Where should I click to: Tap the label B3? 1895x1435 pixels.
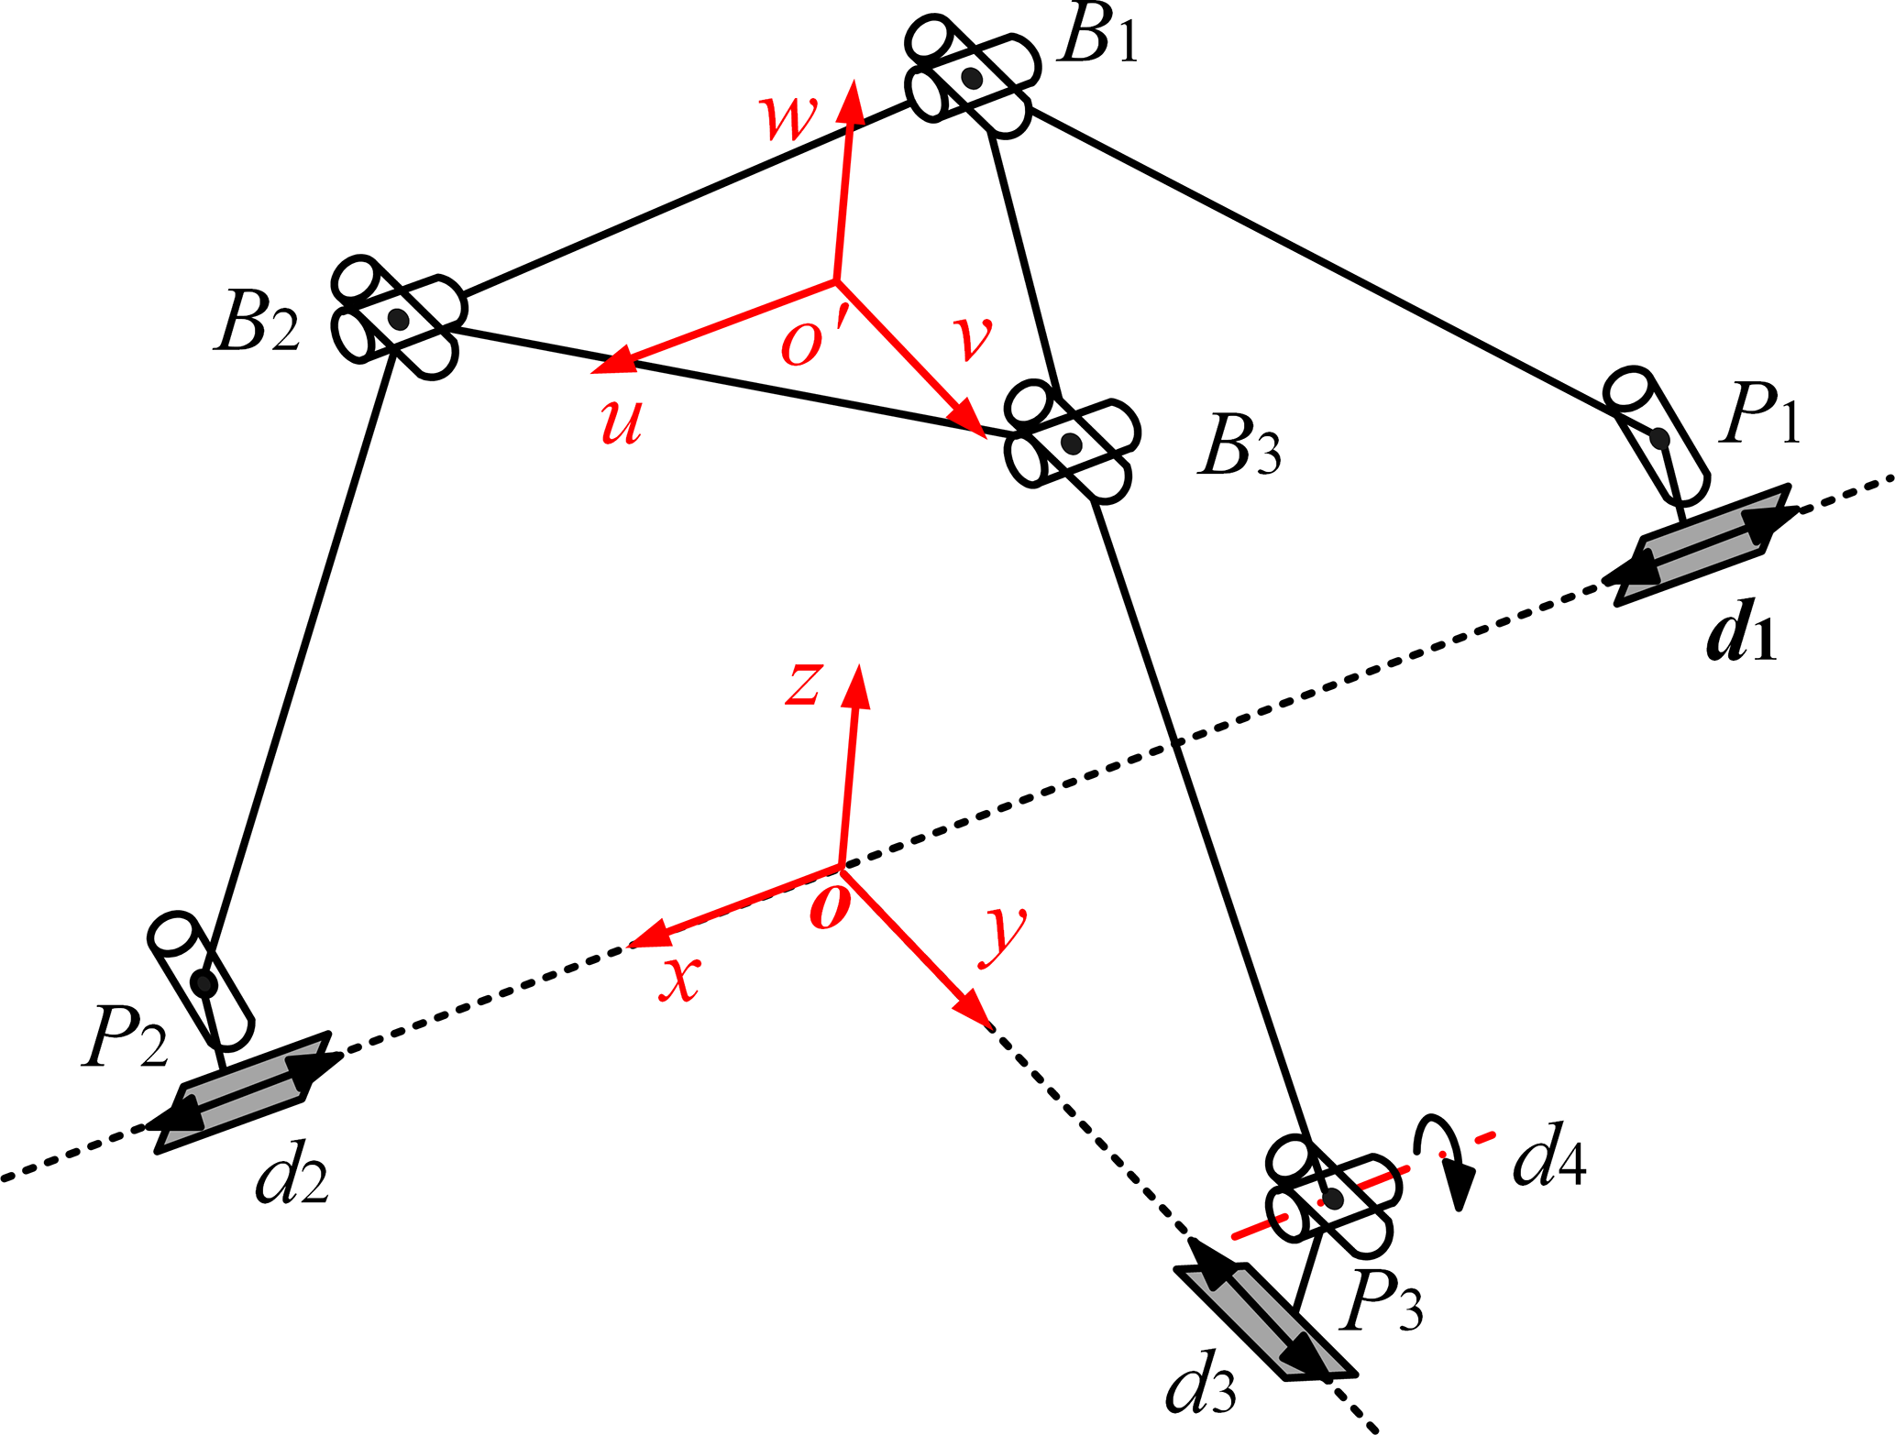coord(1239,446)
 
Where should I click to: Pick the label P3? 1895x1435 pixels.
coord(1382,1301)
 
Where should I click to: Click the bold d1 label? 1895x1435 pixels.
coord(1740,631)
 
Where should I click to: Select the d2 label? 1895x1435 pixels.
coord(292,1174)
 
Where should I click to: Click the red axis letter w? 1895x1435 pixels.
coord(788,116)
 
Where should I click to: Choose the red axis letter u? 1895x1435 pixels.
coord(622,422)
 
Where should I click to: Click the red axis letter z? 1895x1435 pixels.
coord(804,683)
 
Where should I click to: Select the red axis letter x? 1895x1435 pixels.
coord(680,978)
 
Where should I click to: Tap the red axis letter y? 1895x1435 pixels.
coord(1004,935)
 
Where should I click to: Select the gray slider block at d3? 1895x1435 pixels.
coord(1264,1322)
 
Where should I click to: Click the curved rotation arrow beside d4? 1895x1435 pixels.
coord(1444,1155)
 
